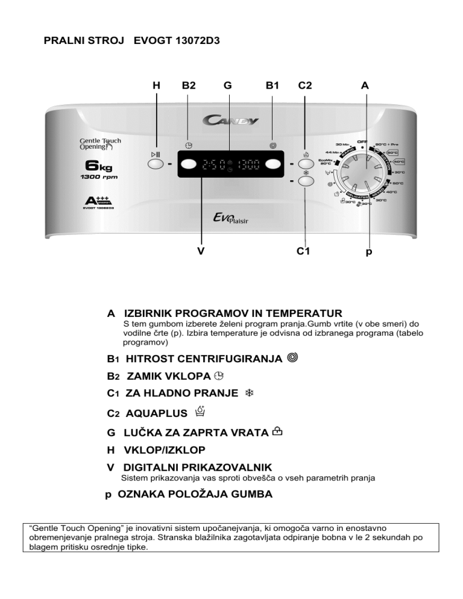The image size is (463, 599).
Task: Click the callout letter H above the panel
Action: click(156, 86)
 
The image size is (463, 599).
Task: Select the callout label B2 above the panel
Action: click(189, 86)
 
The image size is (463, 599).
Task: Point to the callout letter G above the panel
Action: click(227, 86)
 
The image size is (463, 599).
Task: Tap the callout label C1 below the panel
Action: click(304, 252)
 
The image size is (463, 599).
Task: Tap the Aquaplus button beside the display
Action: click(305, 164)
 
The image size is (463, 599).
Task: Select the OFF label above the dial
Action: click(362, 141)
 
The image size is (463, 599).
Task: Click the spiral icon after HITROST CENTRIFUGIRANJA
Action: click(292, 359)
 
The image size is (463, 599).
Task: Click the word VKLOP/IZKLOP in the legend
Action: click(164, 450)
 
